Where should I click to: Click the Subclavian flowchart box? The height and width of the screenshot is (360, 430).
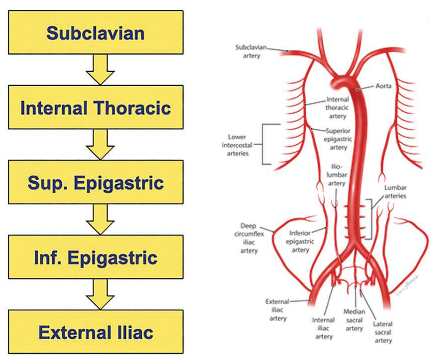coord(96,33)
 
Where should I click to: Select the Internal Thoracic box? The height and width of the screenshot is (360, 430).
coord(96,107)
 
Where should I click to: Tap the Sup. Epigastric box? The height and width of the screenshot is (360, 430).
coord(96,182)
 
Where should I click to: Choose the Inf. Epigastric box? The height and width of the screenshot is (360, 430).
coord(96,257)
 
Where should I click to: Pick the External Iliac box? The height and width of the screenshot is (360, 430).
coord(96,332)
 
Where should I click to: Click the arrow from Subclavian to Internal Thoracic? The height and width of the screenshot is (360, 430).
coord(100,69)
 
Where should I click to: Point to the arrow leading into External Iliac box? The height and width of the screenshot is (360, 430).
coord(100,294)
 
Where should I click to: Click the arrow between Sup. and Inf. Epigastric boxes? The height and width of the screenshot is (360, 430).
coord(100,219)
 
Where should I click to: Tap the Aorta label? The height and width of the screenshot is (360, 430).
coord(383,86)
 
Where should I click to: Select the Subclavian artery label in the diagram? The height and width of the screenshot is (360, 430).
coord(251,51)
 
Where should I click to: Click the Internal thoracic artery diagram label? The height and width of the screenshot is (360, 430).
coord(337,108)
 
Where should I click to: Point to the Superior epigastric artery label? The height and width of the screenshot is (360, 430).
coord(338,139)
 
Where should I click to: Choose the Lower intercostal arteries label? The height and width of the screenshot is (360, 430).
coord(237,145)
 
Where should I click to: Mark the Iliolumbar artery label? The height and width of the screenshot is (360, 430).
coord(337,175)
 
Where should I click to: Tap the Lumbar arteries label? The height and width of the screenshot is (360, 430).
coord(395,192)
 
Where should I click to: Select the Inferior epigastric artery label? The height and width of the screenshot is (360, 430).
coord(300,241)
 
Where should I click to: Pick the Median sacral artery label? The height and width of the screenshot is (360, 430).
coord(354,320)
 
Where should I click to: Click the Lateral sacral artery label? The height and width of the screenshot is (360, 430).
coord(383,332)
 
